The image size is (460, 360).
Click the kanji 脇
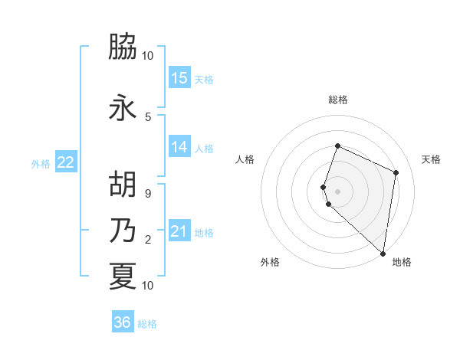pos(123,47)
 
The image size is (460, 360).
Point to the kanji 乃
pos(123,230)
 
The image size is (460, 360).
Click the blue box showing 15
pos(179,77)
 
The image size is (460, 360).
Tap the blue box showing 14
pos(179,147)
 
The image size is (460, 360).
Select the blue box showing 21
pos(179,231)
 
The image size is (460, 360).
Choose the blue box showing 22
pos(66,162)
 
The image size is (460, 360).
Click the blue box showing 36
pos(123,322)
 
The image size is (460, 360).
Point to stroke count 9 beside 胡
pos(148,194)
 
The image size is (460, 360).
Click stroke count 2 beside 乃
pos(148,240)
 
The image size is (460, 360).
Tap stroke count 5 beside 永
pos(148,116)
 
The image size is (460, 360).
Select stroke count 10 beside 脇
pos(148,56)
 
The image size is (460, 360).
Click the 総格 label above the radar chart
pos(338,100)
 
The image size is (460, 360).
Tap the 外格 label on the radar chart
pos(270,262)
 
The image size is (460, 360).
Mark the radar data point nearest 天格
pos(396,172)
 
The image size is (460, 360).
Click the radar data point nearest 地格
pos(383,254)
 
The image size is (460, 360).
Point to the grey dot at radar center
pos(338,191)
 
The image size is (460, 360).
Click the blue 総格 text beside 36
pos(148,324)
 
